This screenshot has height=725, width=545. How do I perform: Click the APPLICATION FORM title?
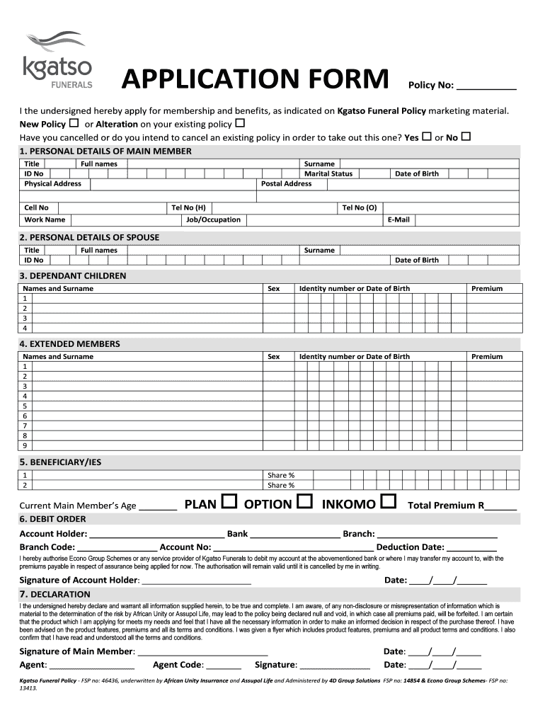pos(256,80)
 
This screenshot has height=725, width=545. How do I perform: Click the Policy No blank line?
pos(486,89)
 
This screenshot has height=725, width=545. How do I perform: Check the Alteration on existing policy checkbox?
pos(239,124)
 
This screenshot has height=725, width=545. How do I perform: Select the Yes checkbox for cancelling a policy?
pos(427,137)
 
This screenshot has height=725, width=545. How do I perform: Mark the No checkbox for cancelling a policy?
pos(466,137)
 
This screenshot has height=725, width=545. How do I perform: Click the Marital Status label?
pos(328,173)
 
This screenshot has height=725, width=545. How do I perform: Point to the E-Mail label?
pos(398,219)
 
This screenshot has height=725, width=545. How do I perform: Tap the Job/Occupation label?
pos(213,219)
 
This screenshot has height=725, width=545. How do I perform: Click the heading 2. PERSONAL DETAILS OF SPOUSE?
pos(89,237)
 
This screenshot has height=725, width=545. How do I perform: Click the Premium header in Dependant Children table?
pos(487,288)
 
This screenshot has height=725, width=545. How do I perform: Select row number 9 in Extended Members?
pos(25,446)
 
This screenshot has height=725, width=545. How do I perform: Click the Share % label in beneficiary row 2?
pos(281,485)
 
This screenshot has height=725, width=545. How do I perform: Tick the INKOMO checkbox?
pos(388,503)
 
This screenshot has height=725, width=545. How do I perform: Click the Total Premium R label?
pos(446,506)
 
